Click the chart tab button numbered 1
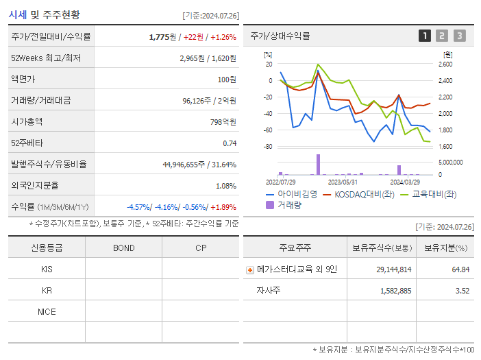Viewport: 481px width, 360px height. [x=425, y=36]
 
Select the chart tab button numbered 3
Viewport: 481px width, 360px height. [x=459, y=36]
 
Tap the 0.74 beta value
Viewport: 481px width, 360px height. [x=229, y=143]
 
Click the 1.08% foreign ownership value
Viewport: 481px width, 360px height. [x=225, y=185]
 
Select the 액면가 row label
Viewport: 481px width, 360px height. [x=22, y=79]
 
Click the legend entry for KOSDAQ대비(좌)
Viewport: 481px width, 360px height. [x=365, y=194]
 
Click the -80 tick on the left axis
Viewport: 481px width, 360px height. [x=268, y=147]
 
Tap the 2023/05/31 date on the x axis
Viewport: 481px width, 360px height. [x=343, y=182]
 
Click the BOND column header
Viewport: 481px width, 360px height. [x=123, y=248]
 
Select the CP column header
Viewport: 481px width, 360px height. [x=200, y=248]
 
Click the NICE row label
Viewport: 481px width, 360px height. [x=47, y=311]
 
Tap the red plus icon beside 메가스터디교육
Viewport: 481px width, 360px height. [x=250, y=269]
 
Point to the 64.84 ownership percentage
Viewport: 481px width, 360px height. [x=460, y=269]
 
